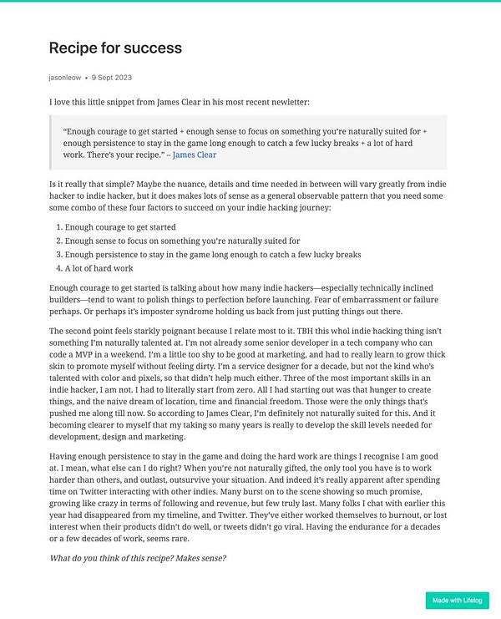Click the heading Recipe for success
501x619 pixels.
(115, 48)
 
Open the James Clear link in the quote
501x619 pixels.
(194, 155)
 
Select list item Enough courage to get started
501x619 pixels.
(120, 226)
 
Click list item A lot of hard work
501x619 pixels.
(99, 268)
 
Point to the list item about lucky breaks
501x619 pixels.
(213, 254)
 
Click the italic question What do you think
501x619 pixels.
(138, 558)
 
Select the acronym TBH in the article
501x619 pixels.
(298, 330)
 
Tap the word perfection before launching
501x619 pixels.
(258, 299)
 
